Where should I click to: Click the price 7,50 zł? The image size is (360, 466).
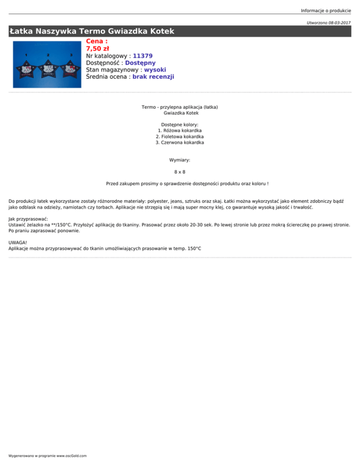point(97,48)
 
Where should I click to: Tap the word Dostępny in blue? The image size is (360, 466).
point(140,63)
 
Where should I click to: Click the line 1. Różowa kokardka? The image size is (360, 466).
point(180,130)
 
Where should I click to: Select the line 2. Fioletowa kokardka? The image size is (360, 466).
point(180,136)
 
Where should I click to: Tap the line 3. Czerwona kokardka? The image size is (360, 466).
point(180,143)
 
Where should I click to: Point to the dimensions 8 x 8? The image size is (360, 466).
point(180,172)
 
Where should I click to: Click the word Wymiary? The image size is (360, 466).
point(180,160)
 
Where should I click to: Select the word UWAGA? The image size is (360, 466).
point(18,242)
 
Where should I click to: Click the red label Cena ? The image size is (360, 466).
point(97,41)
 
